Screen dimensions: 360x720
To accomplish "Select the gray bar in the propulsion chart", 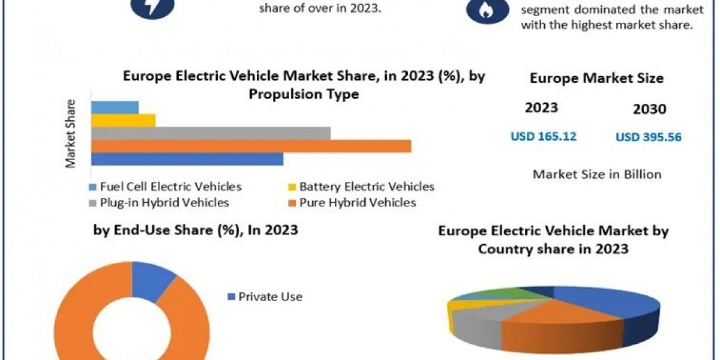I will pos(211,133).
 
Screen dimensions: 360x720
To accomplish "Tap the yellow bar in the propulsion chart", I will pos(123,120).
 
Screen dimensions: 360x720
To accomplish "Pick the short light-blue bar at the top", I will pos(115,107).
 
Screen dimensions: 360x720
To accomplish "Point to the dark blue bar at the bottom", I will pos(187,159).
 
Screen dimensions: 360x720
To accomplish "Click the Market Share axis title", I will pos(71,133).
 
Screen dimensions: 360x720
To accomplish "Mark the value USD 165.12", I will pos(543,136).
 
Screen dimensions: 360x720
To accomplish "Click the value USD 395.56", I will pos(649,137).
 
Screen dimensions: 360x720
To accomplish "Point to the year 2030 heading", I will pos(649,109).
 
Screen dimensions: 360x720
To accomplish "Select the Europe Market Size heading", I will pos(597,79).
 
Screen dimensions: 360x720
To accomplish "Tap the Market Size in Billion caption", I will pos(597,175).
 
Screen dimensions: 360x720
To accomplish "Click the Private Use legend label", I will pos(270,296).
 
